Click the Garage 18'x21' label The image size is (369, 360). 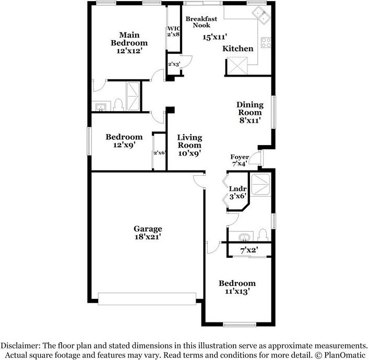pos(148,233)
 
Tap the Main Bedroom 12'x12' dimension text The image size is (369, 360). pos(129,51)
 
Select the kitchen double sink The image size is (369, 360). pos(261,15)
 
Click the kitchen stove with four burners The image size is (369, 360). pos(266,43)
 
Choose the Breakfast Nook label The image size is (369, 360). pos(201,22)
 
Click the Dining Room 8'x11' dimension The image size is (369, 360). pos(250,120)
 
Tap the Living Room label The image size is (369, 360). pos(189,141)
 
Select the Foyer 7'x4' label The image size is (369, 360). pos(240,160)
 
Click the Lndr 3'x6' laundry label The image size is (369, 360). pos(237,192)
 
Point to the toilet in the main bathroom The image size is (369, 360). pos(118,105)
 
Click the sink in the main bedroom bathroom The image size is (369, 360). pos(101,107)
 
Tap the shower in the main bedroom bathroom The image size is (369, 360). pos(133,96)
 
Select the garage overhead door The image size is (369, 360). pos(147,299)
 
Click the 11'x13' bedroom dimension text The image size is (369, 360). pos(237,292)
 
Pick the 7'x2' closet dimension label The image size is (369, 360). pos(249,250)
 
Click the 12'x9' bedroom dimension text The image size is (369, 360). pos(124,145)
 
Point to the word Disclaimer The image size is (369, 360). pos(20,345)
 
